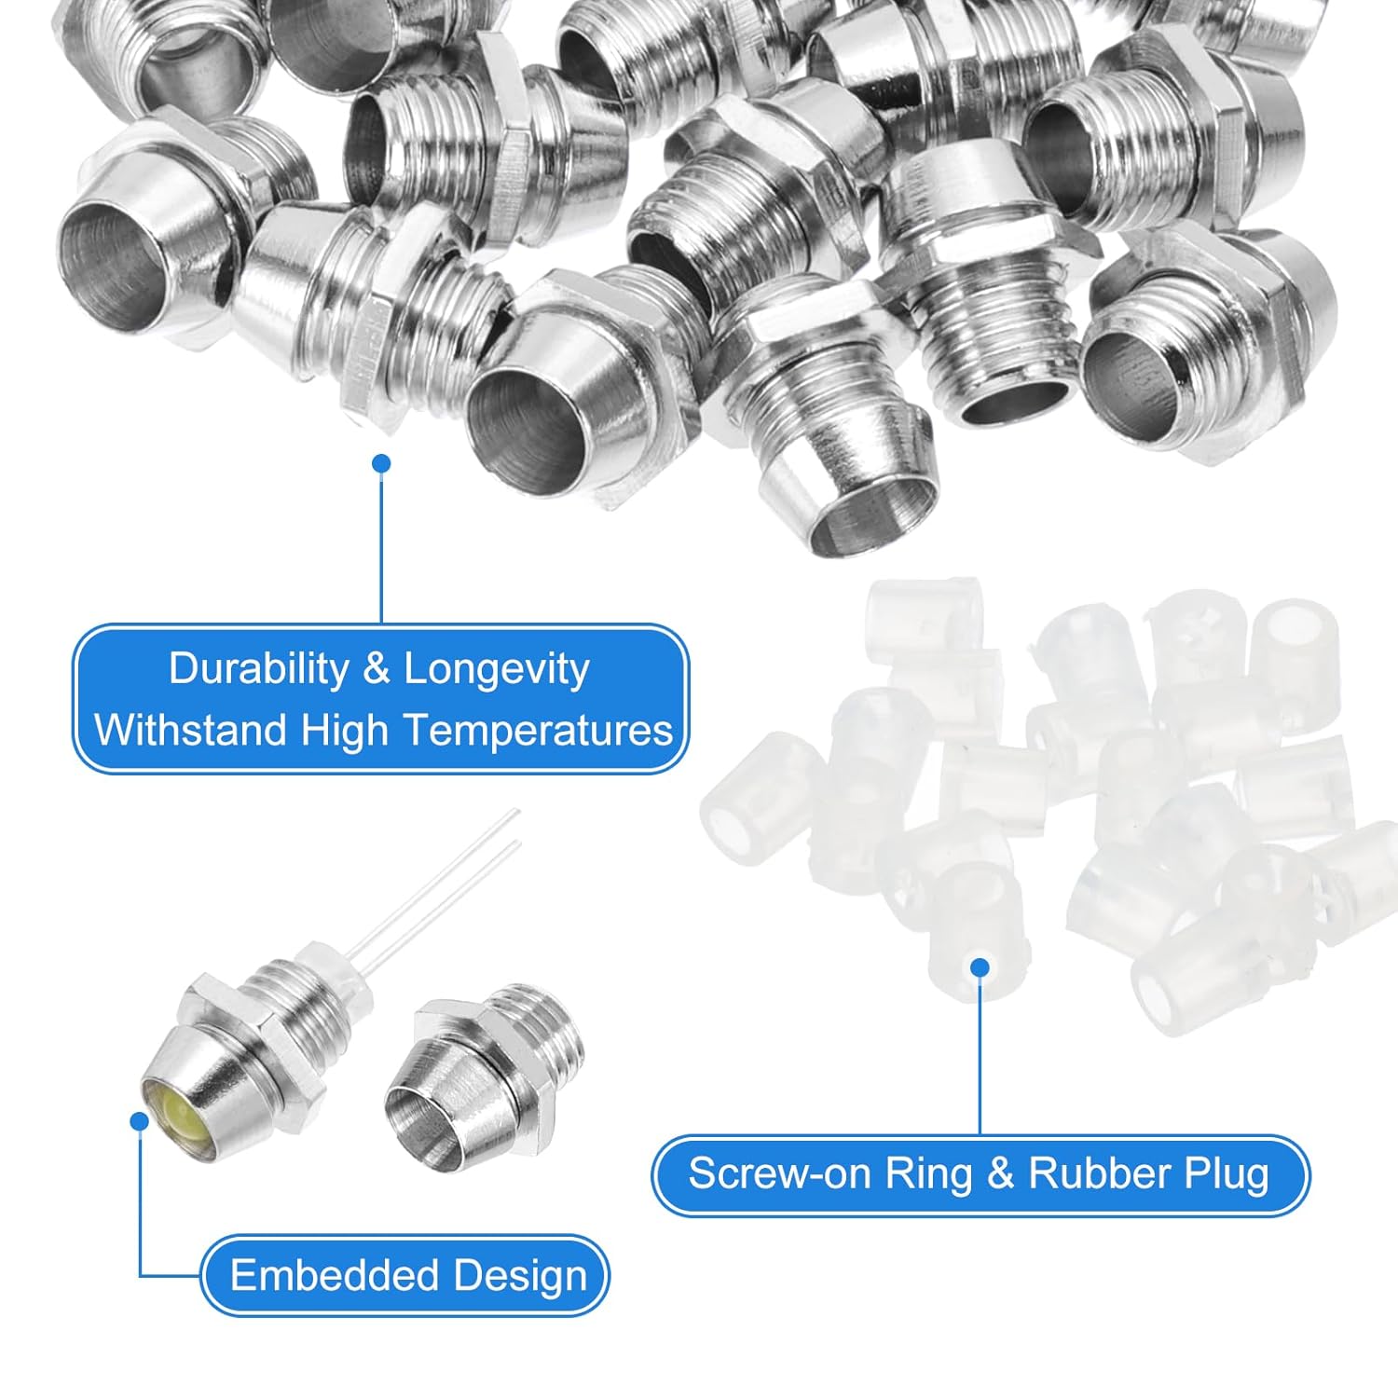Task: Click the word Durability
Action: pos(258,669)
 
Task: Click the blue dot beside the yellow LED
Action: pos(140,1120)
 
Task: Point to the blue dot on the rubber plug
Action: pos(980,967)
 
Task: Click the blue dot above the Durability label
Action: pos(380,463)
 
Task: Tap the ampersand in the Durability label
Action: pos(376,670)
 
